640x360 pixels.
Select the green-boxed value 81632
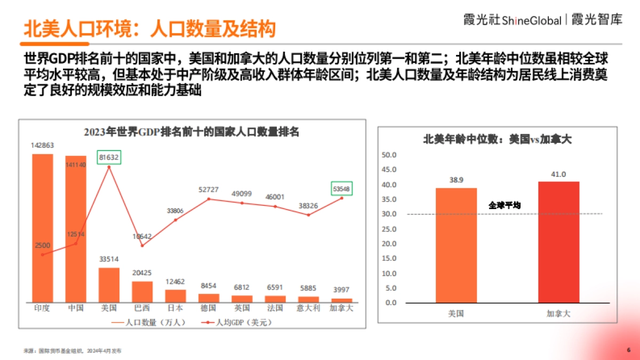[109, 157]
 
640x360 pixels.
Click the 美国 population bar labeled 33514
[109, 285]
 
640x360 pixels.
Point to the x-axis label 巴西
[142, 308]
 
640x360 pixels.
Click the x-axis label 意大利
[308, 308]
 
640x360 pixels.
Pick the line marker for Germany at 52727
[209, 199]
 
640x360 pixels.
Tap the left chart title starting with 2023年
[191, 132]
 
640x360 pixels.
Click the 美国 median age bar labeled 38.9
[456, 245]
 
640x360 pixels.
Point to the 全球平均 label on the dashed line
[504, 205]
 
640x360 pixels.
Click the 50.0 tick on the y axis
[390, 155]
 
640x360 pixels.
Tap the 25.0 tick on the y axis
[390, 229]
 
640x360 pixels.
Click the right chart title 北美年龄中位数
[497, 140]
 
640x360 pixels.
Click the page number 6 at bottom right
[628, 350]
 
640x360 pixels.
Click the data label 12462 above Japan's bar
[175, 282]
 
